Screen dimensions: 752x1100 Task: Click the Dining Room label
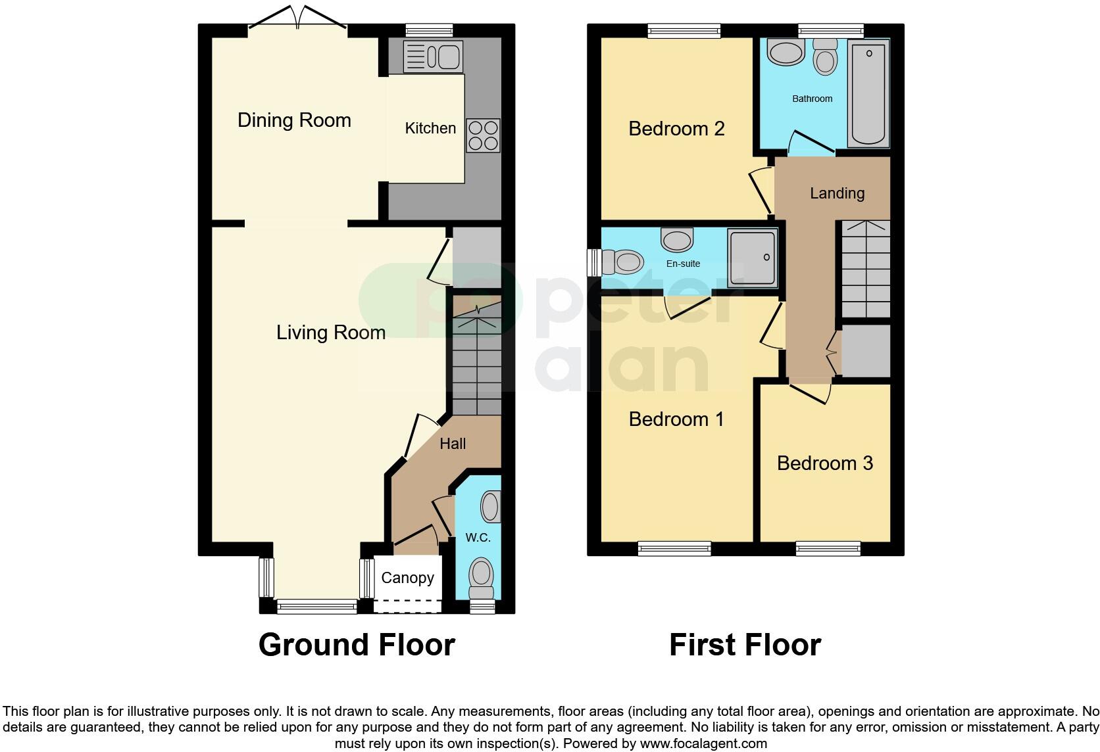(294, 120)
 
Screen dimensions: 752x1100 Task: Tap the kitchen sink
(432, 57)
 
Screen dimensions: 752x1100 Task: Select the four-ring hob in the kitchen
(483, 135)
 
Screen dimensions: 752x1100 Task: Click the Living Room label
(331, 333)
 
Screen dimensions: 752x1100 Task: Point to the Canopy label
(407, 578)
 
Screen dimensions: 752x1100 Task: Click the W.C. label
(478, 537)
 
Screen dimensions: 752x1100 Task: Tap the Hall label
(453, 444)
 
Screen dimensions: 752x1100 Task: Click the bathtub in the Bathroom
(869, 92)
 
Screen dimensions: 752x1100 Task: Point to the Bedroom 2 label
(676, 128)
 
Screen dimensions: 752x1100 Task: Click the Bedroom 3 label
(825, 463)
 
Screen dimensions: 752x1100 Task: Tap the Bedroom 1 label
(676, 419)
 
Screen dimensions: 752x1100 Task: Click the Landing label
(837, 193)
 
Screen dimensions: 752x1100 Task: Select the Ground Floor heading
(357, 645)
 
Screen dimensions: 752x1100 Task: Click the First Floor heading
(745, 645)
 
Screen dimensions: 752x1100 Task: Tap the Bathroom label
(812, 99)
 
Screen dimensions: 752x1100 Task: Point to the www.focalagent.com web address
(703, 743)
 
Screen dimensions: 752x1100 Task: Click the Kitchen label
(430, 128)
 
